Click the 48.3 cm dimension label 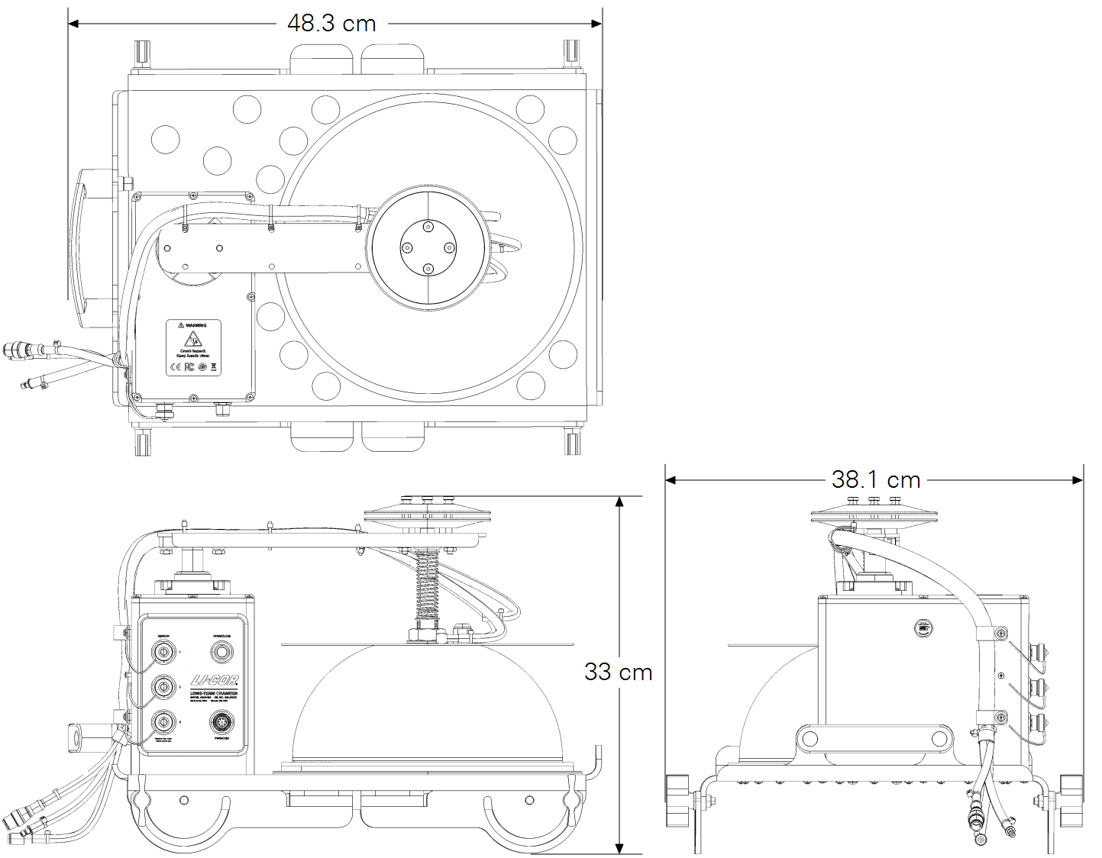(x=331, y=24)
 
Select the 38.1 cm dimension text (x=875, y=480)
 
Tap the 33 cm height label (x=618, y=672)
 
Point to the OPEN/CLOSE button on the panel (x=222, y=653)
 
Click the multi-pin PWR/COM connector (x=222, y=722)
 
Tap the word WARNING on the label (x=196, y=325)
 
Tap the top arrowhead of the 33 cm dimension (x=619, y=501)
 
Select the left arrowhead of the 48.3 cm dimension (x=73, y=24)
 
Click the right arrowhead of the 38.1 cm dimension (x=1078, y=480)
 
